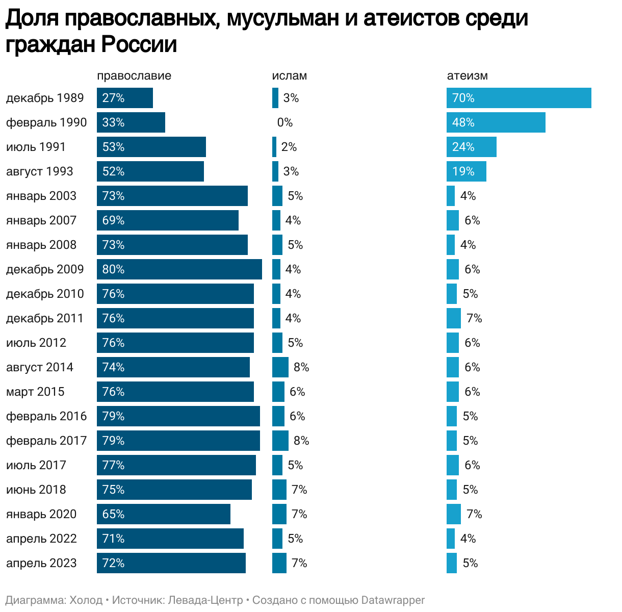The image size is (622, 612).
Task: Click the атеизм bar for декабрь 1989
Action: pos(519,98)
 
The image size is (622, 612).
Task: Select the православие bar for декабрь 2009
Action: pos(179,269)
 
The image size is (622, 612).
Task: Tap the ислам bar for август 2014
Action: pos(280,367)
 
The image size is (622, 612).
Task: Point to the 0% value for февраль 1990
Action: pos(285,122)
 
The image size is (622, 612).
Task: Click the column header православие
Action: pos(134,76)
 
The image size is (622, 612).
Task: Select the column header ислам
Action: pos(290,76)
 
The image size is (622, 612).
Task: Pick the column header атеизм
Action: pos(468,76)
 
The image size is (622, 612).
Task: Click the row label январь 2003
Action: pos(41,196)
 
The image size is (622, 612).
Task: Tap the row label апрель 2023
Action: pos(41,563)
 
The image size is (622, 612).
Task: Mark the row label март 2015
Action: pos(35,392)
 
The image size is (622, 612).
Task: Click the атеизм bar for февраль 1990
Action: pos(496,122)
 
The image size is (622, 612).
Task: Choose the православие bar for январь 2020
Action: pos(164,514)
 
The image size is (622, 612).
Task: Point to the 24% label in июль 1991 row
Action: pos(463,147)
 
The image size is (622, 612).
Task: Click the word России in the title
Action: pos(139,44)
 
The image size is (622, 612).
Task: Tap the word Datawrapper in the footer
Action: pos(393,600)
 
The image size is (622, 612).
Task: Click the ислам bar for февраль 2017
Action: pos(280,441)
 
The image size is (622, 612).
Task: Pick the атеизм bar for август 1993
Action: pos(466,171)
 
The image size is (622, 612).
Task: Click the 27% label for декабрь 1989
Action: pos(113,98)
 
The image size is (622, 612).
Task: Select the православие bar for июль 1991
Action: pos(151,147)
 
